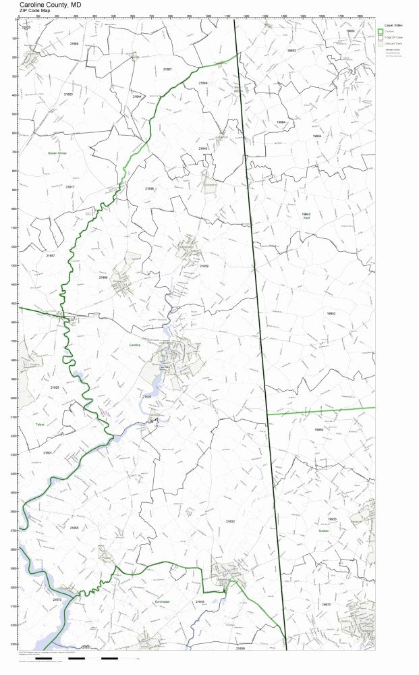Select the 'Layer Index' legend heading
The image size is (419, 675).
tap(393, 25)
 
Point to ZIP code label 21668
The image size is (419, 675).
tap(74, 44)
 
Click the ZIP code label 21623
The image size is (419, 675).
tap(68, 94)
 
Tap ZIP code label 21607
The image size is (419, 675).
tap(167, 70)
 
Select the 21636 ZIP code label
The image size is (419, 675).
tap(149, 188)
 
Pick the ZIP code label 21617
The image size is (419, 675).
tap(70, 186)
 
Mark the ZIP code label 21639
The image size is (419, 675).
tap(204, 266)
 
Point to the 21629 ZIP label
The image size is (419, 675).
tap(146, 397)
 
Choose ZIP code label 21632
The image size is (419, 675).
tap(231, 522)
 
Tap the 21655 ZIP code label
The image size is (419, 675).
tap(74, 527)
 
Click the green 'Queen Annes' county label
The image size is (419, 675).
tap(57, 153)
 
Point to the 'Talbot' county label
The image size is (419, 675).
tap(39, 425)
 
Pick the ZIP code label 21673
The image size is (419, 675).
tap(57, 599)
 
